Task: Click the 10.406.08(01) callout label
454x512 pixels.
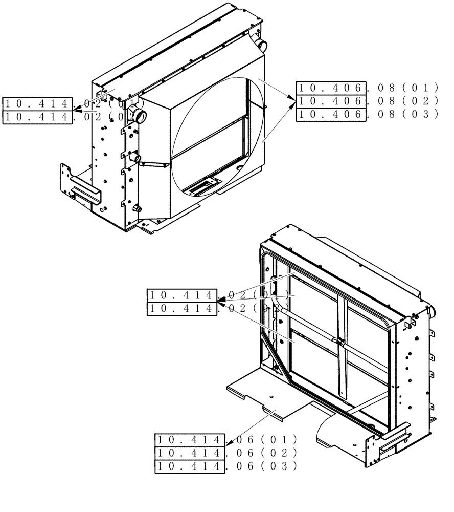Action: point(368,87)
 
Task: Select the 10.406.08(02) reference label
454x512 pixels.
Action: point(368,100)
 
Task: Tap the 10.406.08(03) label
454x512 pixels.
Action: point(368,114)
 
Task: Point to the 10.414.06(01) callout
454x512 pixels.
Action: point(225,439)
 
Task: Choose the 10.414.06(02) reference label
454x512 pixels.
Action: point(225,453)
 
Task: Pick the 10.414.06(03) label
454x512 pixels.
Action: point(225,466)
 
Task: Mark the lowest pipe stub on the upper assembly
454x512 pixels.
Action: point(137,208)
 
